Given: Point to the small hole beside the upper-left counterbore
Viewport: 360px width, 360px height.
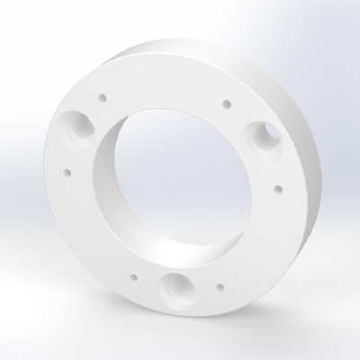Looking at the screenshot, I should pos(103,94).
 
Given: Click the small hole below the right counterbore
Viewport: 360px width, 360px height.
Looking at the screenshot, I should pos(278,189).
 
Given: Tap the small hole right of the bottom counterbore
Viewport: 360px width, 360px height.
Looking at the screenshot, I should pos(219,286).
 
